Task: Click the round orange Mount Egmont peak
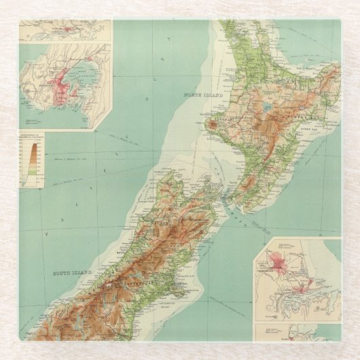point(213,125)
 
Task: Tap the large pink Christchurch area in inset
point(279,262)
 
